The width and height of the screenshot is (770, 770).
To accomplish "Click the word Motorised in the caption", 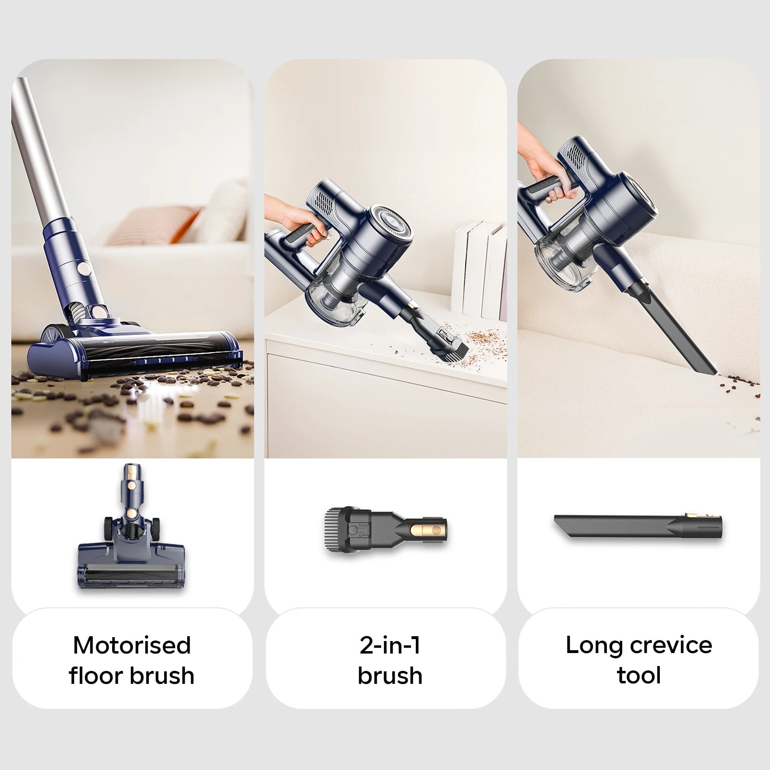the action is (x=132, y=645).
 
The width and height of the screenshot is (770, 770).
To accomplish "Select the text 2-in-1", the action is (x=390, y=645).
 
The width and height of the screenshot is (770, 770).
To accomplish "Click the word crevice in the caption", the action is (x=670, y=645).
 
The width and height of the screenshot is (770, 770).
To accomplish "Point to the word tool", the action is (x=639, y=675).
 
